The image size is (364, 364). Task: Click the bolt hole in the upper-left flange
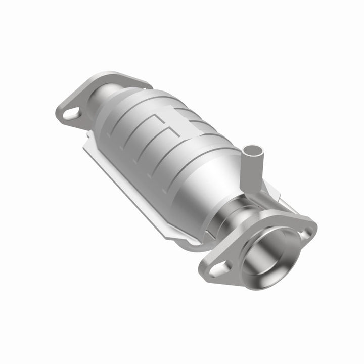coord(70,114)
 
